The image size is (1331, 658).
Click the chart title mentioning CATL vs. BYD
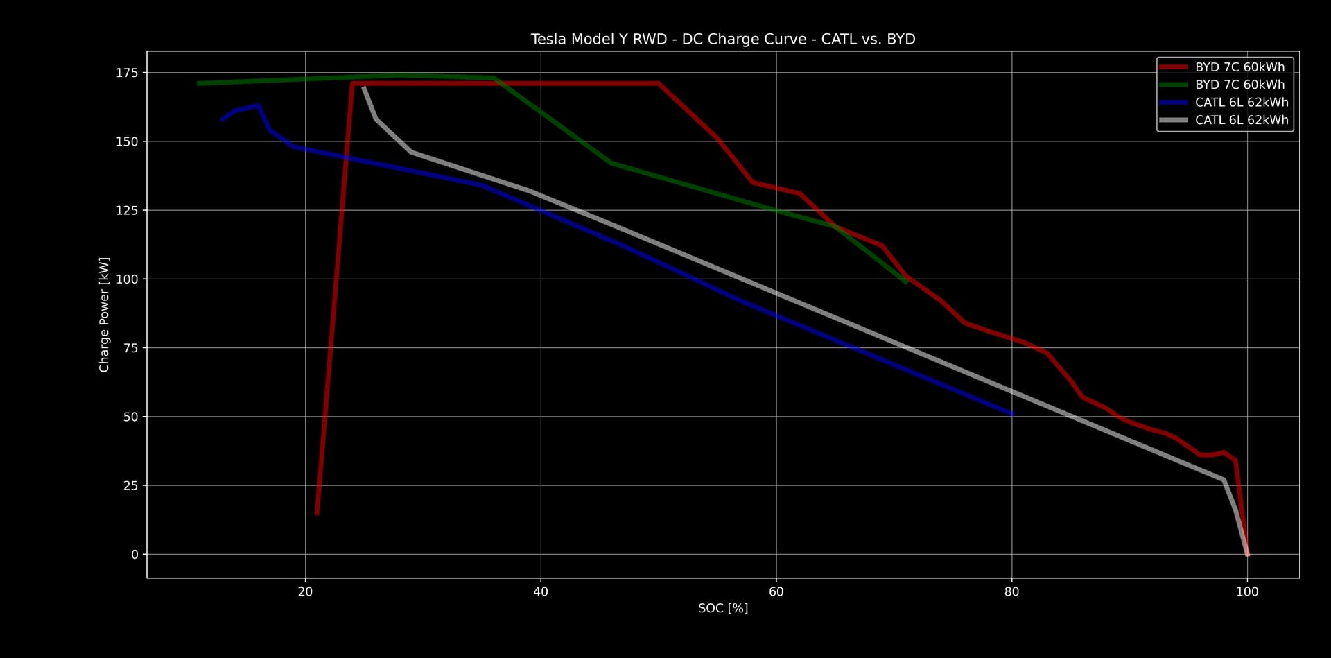[x=723, y=40]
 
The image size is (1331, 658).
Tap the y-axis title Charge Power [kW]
[x=105, y=314]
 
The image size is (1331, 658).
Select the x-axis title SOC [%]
[x=723, y=608]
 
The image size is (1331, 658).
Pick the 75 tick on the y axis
[x=130, y=348]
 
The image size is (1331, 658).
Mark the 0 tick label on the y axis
[x=134, y=555]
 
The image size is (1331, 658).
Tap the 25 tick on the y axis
[x=130, y=485]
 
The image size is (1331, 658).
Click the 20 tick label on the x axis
[x=305, y=591]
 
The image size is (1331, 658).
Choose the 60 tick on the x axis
[x=776, y=591]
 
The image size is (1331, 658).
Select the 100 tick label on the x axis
[x=1248, y=591]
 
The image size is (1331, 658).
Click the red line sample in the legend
[x=1173, y=67]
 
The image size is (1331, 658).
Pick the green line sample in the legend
[x=1173, y=85]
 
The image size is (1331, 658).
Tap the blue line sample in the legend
[x=1173, y=103]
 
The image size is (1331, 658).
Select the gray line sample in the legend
[x=1173, y=120]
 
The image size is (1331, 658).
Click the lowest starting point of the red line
[x=317, y=514]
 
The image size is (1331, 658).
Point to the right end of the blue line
[x=1012, y=414]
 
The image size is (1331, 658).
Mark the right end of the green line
[x=906, y=282]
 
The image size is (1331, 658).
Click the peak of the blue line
[x=257, y=105]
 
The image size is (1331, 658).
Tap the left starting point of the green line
[x=198, y=83]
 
